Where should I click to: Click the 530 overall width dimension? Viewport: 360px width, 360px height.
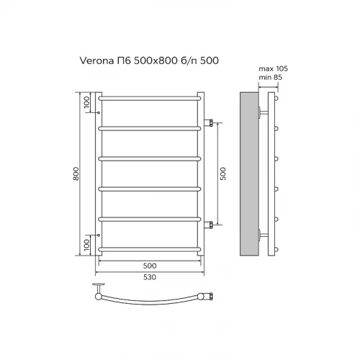pos(149,277)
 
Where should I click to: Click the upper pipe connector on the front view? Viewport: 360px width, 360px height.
pos(210,122)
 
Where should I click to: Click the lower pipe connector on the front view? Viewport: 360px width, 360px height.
pos(210,225)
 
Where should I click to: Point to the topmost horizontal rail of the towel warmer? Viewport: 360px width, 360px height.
pos(149,96)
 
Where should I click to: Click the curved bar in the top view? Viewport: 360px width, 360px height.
pos(151,301)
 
